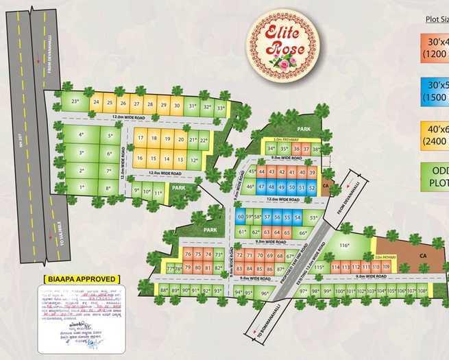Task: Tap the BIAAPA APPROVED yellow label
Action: click(x=81, y=279)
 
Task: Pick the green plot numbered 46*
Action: click(x=250, y=187)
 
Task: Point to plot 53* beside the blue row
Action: click(x=314, y=217)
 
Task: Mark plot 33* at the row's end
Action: click(x=221, y=108)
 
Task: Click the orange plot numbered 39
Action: click(x=312, y=172)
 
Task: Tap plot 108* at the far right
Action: click(x=422, y=291)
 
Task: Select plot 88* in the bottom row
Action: click(x=164, y=291)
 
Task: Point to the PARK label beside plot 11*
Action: click(x=178, y=187)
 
